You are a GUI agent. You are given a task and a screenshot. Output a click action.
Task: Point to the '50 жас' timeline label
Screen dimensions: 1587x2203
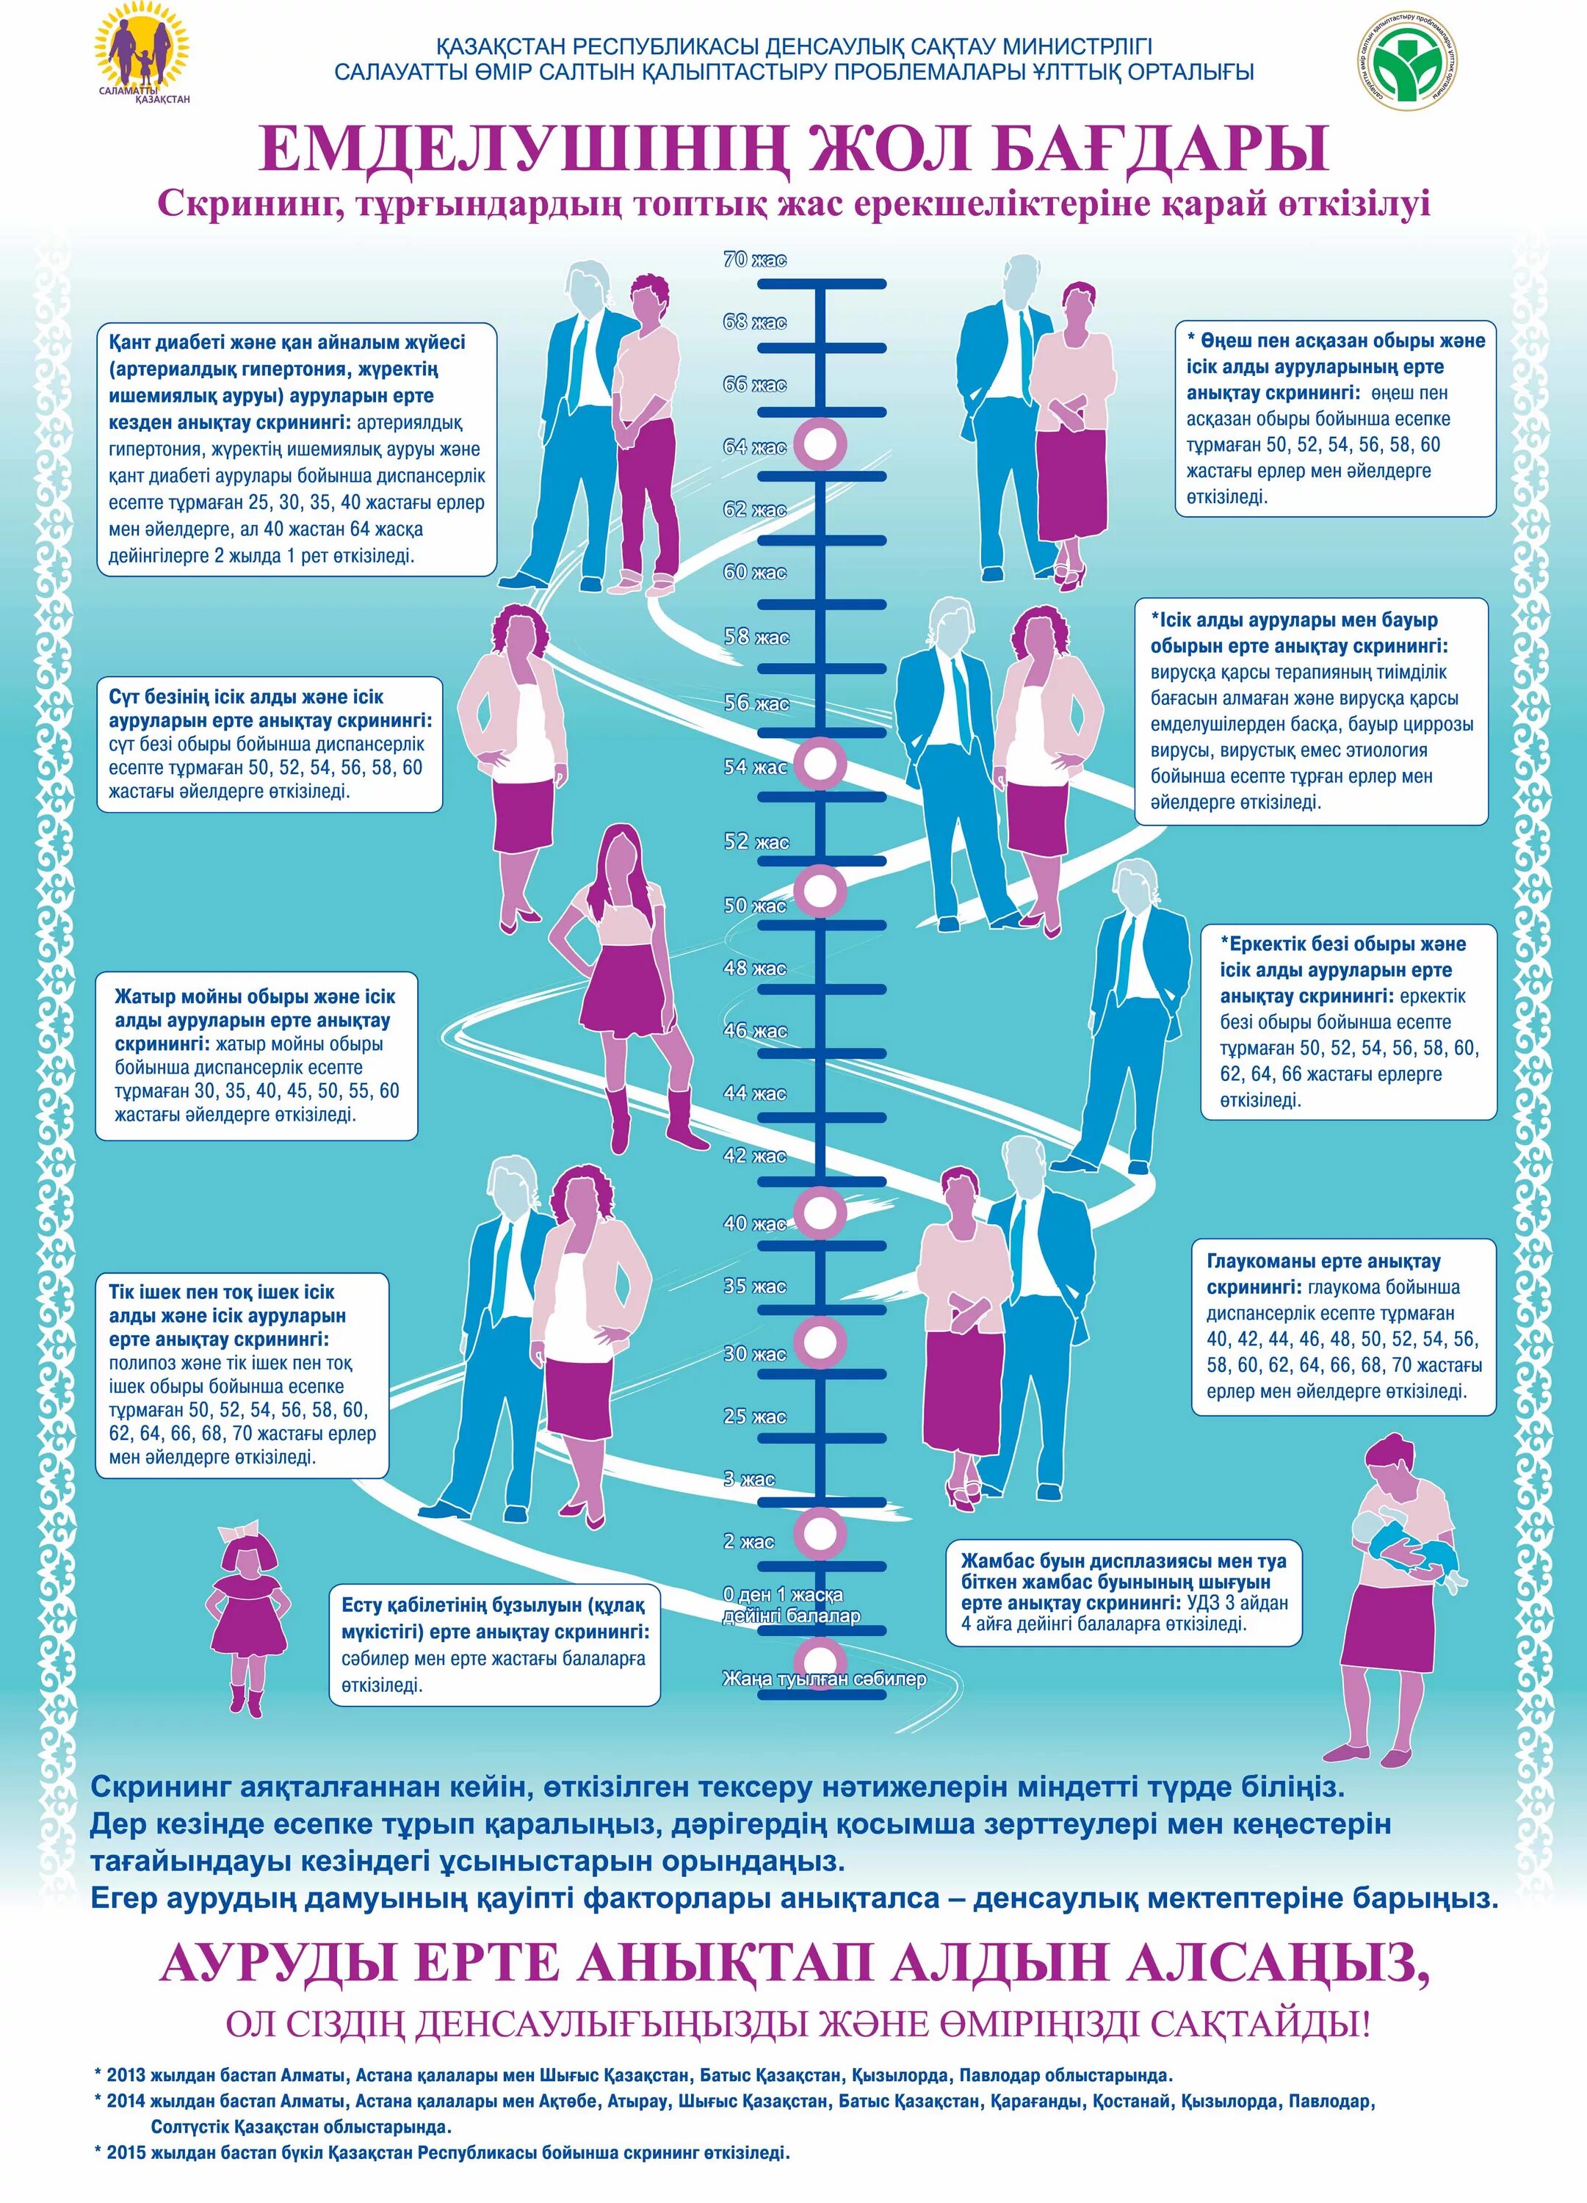click(x=755, y=905)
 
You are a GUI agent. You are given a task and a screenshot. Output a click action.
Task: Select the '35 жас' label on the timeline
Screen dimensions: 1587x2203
click(x=755, y=1286)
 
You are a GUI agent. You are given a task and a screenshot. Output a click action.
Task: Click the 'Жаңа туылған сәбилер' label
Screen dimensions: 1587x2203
click(x=823, y=1679)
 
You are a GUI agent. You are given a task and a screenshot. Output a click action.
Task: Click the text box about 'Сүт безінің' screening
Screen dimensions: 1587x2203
click(x=270, y=744)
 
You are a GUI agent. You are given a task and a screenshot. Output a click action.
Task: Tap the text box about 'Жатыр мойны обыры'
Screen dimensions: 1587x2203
click(x=256, y=1055)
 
